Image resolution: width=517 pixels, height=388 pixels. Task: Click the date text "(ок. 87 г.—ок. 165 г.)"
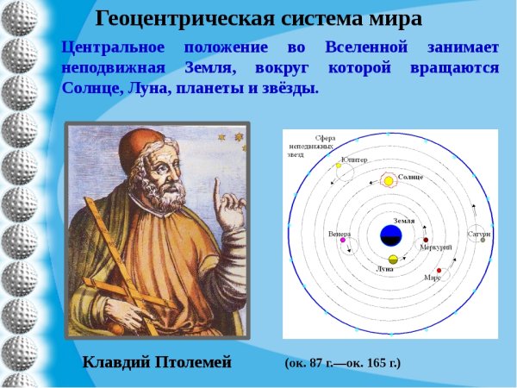coord(342,363)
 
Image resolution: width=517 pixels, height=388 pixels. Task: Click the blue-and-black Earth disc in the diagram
coord(390,235)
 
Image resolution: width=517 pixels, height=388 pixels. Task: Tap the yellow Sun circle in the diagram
coord(389,180)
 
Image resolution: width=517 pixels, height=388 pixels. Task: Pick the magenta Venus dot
coord(342,240)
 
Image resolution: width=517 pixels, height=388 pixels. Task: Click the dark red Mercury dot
coord(426,240)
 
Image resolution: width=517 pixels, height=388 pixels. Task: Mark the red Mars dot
coord(438,271)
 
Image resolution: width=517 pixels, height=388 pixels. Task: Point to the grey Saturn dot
coord(483,240)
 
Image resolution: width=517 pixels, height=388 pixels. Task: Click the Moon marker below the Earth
coord(393,260)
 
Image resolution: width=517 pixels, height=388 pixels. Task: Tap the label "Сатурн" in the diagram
coord(479,233)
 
